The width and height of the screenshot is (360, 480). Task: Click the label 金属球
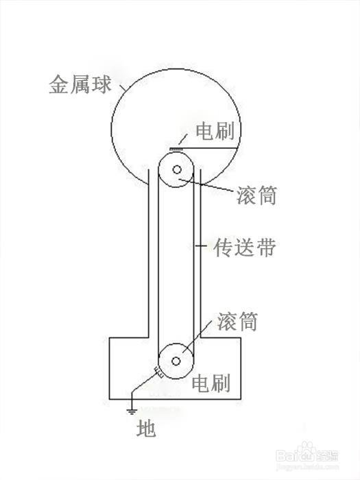click(80, 84)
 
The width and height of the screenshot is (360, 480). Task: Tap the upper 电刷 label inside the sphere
click(215, 131)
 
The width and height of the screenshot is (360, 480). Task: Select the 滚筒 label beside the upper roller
click(256, 195)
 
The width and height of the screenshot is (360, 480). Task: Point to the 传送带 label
click(245, 247)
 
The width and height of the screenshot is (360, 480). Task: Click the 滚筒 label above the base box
click(237, 321)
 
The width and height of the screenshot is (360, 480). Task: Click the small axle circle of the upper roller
click(177, 169)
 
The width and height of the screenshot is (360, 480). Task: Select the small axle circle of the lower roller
click(176, 361)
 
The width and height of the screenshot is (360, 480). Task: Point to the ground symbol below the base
click(132, 411)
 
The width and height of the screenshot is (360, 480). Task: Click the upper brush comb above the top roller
click(176, 149)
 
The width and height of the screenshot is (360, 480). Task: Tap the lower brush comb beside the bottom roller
click(158, 371)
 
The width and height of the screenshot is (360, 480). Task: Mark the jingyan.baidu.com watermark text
click(307, 468)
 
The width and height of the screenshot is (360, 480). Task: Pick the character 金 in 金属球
click(59, 84)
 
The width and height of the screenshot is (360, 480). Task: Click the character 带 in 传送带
click(267, 247)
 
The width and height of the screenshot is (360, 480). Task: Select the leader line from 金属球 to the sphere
click(123, 88)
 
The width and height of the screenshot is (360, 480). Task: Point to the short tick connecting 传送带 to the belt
click(201, 245)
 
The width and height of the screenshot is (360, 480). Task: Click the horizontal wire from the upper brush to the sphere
click(211, 147)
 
